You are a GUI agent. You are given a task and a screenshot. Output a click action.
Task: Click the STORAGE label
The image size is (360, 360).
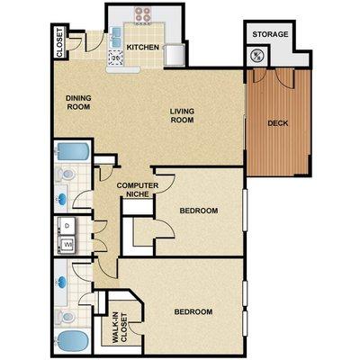(270, 34)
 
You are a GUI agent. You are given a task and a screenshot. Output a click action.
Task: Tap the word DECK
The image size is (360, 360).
(278, 123)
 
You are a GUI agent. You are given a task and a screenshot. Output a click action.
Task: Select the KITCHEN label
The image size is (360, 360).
(143, 47)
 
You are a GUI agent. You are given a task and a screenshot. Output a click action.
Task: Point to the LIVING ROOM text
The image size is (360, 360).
(182, 115)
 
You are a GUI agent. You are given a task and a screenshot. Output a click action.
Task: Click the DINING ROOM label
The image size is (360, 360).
(78, 103)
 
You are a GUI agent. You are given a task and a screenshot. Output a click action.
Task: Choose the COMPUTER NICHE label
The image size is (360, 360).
(138, 190)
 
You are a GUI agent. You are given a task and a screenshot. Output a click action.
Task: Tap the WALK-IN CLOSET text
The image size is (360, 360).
(119, 328)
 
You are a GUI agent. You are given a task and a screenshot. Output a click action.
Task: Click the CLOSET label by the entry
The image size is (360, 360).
(59, 42)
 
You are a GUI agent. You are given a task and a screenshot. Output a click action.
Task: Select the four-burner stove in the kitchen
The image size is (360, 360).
(142, 14)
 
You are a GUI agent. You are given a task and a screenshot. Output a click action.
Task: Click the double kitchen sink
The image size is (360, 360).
(116, 37)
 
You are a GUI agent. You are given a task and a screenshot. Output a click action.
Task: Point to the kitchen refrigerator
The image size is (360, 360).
(174, 54)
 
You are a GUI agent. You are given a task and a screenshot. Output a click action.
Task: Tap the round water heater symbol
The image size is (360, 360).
(257, 56)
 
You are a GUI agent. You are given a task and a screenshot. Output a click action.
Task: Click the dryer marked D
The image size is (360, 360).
(67, 226)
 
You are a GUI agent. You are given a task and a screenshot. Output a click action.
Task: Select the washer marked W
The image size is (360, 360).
(67, 245)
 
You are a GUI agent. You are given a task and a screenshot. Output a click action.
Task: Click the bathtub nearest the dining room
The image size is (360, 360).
(72, 151)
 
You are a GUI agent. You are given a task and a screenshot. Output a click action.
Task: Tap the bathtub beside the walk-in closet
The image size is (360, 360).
(72, 340)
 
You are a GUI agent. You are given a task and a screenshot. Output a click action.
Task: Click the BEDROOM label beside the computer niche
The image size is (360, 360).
(199, 211)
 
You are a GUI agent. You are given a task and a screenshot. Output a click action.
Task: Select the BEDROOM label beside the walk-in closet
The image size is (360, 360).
(193, 312)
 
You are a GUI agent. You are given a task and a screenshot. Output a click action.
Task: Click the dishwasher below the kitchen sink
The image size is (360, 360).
(115, 57)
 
